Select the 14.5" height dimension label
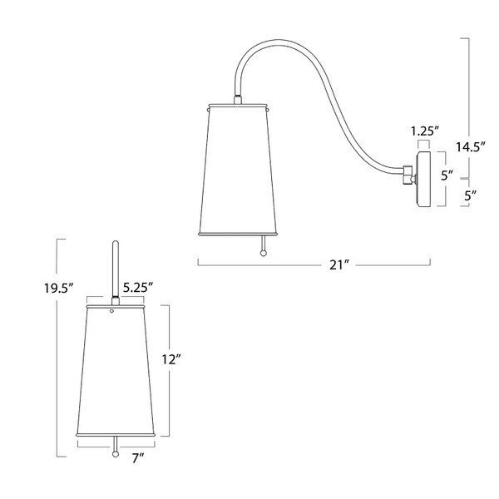coord(470,147)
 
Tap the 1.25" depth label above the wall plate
coord(424,130)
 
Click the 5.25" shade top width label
coord(138,287)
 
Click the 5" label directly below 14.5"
coord(469,196)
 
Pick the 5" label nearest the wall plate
coord(447,175)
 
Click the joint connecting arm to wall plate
coord(408,176)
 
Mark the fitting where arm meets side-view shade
coord(240,101)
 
